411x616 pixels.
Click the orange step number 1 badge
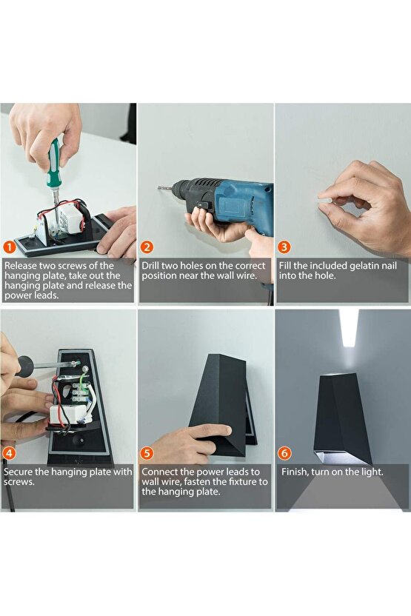(x=8, y=247)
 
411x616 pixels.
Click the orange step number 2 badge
(x=147, y=247)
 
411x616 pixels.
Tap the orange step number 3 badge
(x=284, y=247)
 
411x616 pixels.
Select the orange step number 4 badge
(x=8, y=453)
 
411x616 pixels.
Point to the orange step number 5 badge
(x=147, y=453)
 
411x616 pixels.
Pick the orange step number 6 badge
(x=284, y=453)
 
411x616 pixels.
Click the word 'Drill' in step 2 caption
(x=153, y=266)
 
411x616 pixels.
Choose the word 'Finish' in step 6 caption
(x=295, y=472)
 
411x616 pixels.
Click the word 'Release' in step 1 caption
(x=22, y=266)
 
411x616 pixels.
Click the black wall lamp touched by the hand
(x=222, y=404)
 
